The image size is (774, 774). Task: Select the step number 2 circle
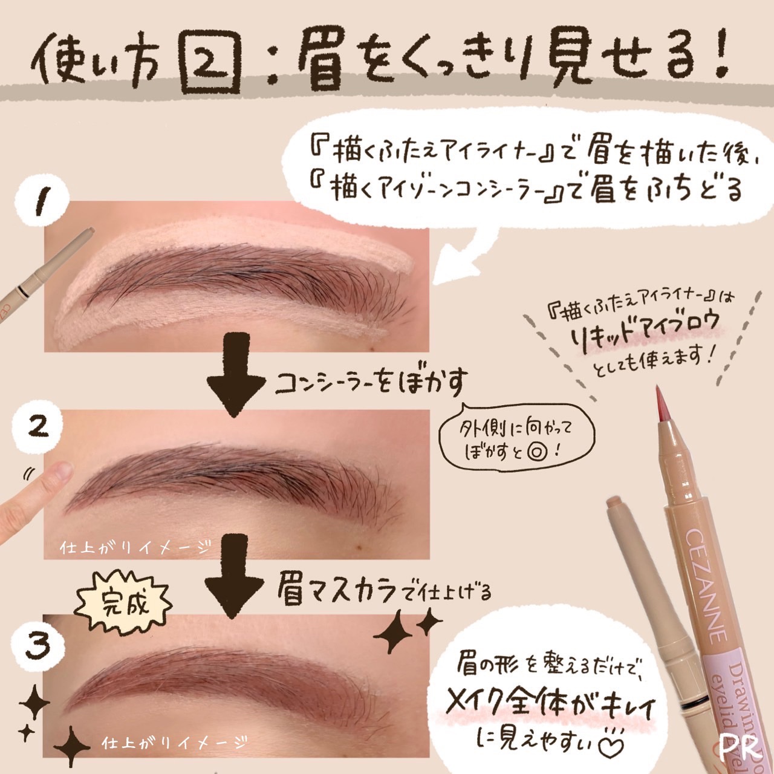point(39,427)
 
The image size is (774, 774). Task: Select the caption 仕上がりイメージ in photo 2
point(135,547)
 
